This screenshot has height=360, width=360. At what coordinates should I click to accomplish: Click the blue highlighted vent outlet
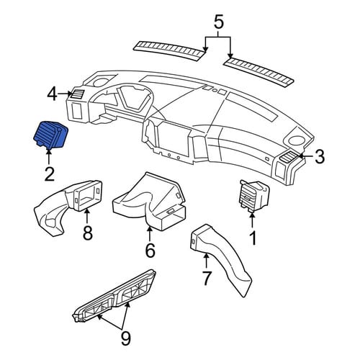pyautogui.click(x=50, y=135)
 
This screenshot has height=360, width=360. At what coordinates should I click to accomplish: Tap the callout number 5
pyautogui.click(x=218, y=22)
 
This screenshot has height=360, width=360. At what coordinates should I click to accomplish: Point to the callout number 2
pyautogui.click(x=50, y=174)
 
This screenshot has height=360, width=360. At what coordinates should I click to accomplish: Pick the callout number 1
pyautogui.click(x=253, y=238)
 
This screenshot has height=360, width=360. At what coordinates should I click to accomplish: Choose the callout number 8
pyautogui.click(x=88, y=232)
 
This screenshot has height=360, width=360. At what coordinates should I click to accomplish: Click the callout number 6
pyautogui.click(x=150, y=250)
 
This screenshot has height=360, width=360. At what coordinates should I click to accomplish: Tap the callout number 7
pyautogui.click(x=207, y=278)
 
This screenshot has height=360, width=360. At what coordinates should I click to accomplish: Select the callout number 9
pyautogui.click(x=125, y=338)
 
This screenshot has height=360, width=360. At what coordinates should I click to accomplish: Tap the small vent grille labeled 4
pyautogui.click(x=76, y=94)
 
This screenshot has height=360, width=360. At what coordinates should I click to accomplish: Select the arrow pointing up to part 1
pyautogui.click(x=252, y=220)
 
